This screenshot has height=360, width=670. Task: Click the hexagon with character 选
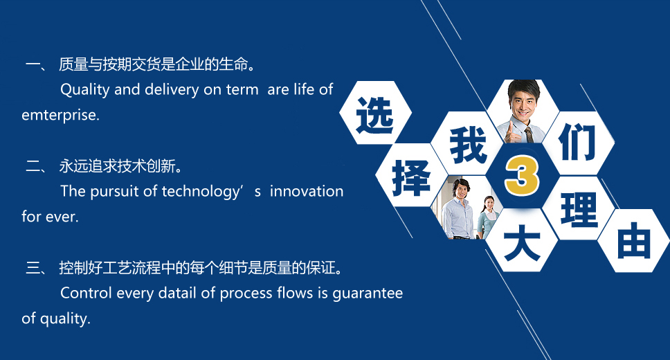click(376, 112)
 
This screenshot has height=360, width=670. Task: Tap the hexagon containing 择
click(411, 175)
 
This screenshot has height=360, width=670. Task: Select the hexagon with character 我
click(467, 144)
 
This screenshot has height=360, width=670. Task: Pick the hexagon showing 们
click(578, 143)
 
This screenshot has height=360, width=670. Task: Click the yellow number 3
click(522, 176)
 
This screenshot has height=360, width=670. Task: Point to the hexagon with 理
click(579, 208)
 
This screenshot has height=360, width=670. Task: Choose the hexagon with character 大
click(522, 240)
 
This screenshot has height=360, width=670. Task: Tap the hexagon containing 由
click(633, 241)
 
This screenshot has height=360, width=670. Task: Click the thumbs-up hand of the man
click(512, 133)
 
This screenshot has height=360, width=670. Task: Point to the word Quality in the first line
click(85, 90)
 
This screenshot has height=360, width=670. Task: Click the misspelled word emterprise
click(60, 116)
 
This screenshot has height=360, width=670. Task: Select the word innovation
click(307, 191)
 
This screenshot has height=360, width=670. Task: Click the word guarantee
click(368, 294)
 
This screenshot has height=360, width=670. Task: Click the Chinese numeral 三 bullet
click(34, 268)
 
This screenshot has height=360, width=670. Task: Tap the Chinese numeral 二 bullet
click(34, 166)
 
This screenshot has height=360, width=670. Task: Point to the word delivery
click(172, 90)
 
